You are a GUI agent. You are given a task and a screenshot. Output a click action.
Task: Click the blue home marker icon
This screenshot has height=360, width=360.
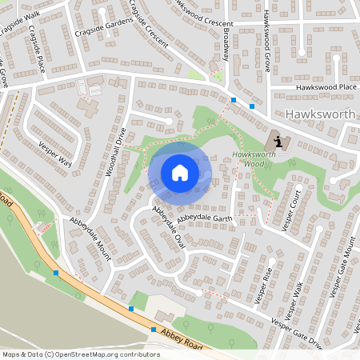tap(180, 173)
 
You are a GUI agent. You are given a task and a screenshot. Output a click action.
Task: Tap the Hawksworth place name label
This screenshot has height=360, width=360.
tap(320, 114)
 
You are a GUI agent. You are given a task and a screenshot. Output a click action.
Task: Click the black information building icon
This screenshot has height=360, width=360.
tap(277, 141)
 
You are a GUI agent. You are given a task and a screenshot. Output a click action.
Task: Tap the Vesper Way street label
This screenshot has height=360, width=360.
tap(54, 154)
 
